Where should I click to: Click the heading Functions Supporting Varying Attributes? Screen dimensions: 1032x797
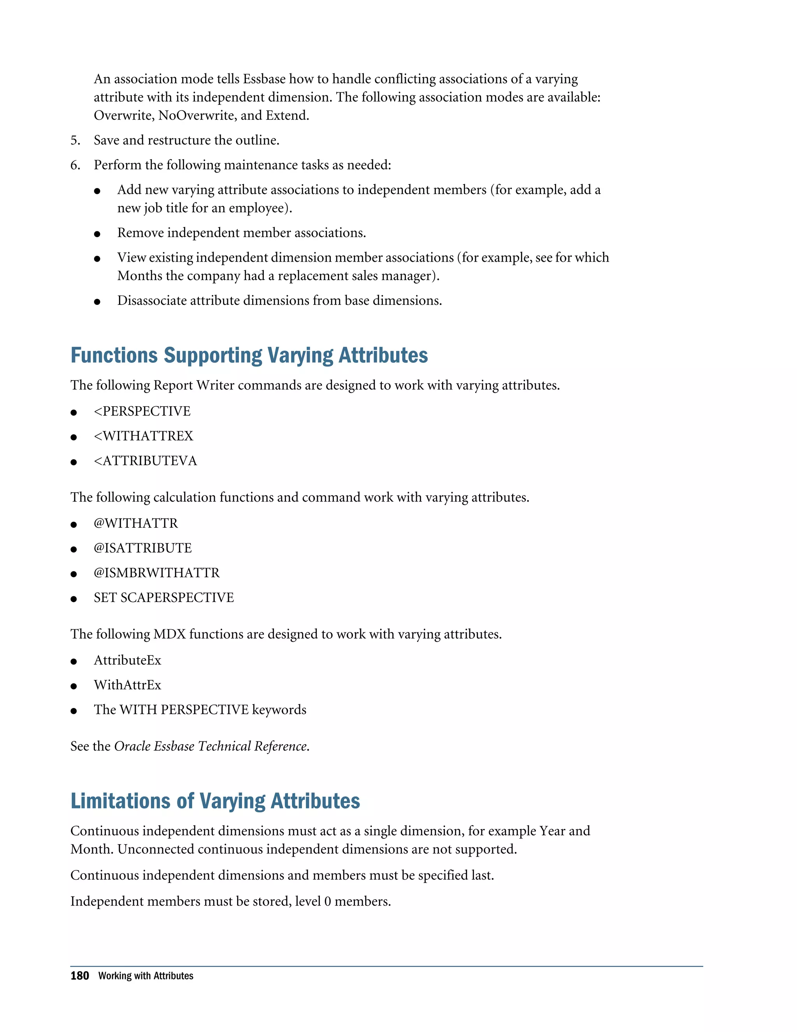pos(249,355)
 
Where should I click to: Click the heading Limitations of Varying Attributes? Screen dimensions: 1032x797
pos(215,801)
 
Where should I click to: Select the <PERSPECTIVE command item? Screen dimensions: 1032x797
pos(142,411)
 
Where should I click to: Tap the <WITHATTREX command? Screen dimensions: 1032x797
pos(144,436)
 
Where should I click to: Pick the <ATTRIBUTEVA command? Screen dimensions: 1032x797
pos(146,461)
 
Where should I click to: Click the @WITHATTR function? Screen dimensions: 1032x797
pos(136,523)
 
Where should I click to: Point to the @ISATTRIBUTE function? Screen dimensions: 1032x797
pos(142,548)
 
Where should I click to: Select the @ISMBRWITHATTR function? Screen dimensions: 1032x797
pos(157,573)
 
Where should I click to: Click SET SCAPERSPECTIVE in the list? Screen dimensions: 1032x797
pos(164,598)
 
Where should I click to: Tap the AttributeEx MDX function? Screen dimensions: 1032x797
pos(128,660)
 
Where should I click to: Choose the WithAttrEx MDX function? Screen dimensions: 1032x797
pos(128,685)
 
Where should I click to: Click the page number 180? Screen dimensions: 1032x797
pos(80,976)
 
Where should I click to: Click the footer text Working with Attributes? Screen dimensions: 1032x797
pos(146,976)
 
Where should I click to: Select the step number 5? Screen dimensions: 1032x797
pos(75,140)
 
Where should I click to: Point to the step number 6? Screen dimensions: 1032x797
pos(75,165)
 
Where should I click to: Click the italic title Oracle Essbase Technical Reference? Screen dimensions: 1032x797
pos(211,746)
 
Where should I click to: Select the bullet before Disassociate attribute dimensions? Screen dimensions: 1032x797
pos(97,302)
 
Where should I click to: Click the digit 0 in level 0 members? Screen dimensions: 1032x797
pos(327,902)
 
